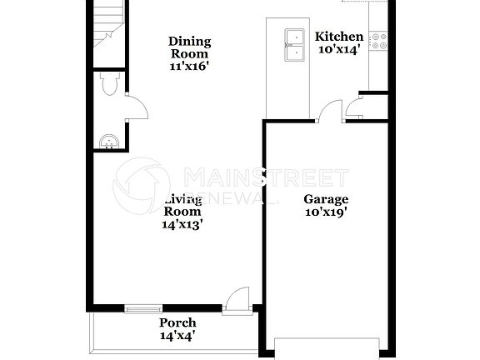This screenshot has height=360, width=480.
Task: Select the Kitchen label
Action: coord(338,37)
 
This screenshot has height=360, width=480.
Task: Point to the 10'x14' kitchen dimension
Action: coord(338,51)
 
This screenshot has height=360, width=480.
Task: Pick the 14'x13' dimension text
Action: coord(183,223)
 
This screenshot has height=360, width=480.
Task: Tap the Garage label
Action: coord(325,199)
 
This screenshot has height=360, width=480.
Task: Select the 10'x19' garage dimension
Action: coord(325,212)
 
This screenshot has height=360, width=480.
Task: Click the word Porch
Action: coord(177,322)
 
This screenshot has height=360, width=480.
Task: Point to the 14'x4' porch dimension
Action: coord(177,336)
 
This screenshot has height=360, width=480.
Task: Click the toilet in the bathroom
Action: coord(108,85)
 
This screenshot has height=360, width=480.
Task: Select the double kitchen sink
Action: coord(294,45)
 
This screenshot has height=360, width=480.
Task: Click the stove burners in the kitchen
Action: coord(380,40)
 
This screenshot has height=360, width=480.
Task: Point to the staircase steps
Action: coord(106,25)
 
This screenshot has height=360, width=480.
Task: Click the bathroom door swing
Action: coord(136,107)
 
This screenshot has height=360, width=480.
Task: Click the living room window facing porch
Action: coord(143,310)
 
